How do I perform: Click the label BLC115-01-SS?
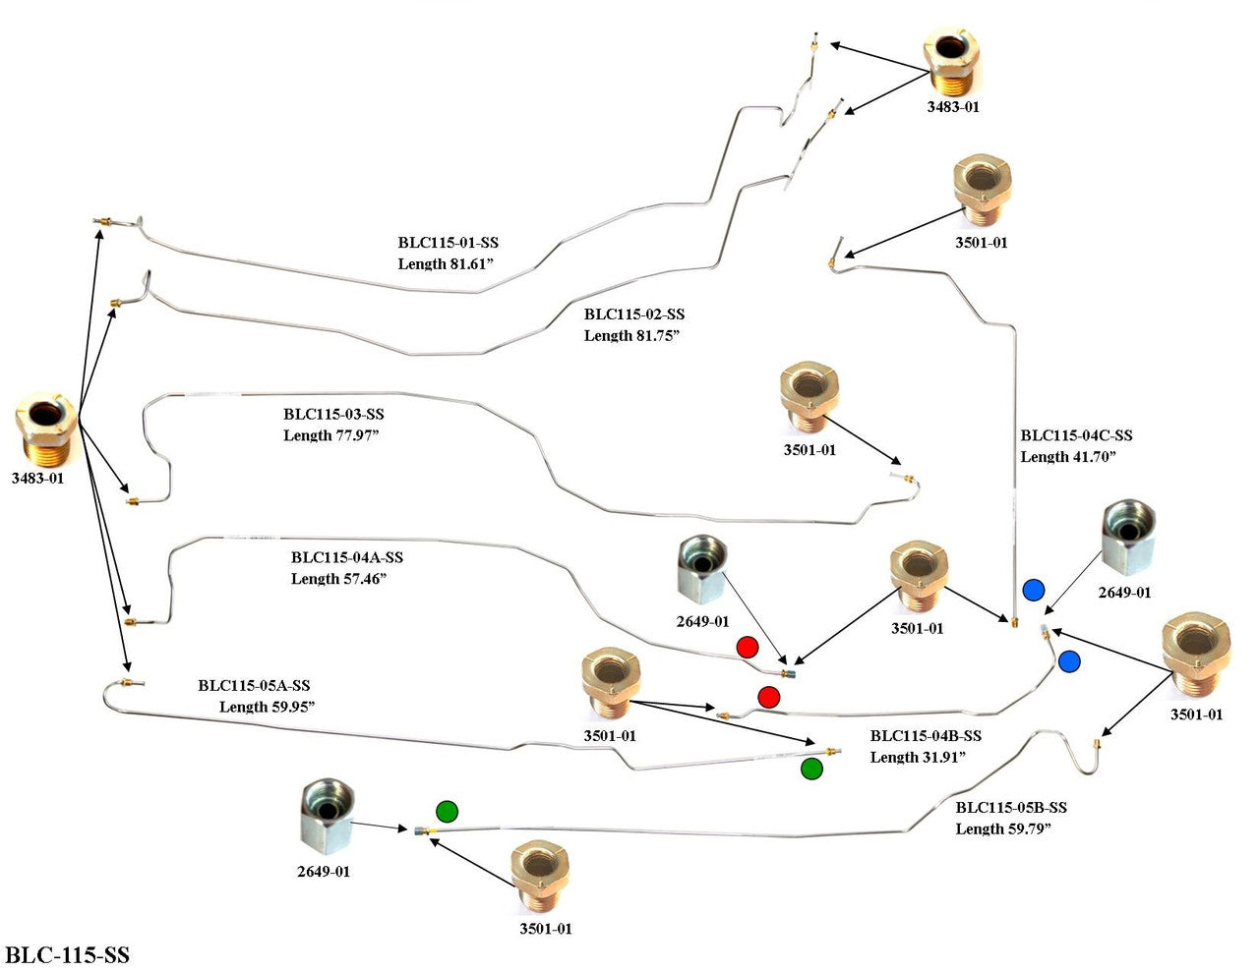(449, 243)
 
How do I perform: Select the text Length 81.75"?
(631, 336)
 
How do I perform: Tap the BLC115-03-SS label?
(333, 415)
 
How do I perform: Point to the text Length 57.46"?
(338, 579)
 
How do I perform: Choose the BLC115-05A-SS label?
(254, 686)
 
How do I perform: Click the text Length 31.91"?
(917, 757)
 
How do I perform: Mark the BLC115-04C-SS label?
(1076, 435)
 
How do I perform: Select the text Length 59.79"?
(1003, 829)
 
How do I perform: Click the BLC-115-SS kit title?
(67, 955)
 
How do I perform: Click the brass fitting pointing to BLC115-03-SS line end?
(809, 401)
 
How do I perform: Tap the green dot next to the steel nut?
(447, 811)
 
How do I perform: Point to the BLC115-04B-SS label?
(926, 736)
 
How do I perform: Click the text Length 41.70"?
(1068, 457)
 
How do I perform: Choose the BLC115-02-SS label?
(634, 314)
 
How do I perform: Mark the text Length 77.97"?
(330, 435)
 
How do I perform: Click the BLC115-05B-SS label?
(1011, 808)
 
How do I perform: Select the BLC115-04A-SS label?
(346, 557)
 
